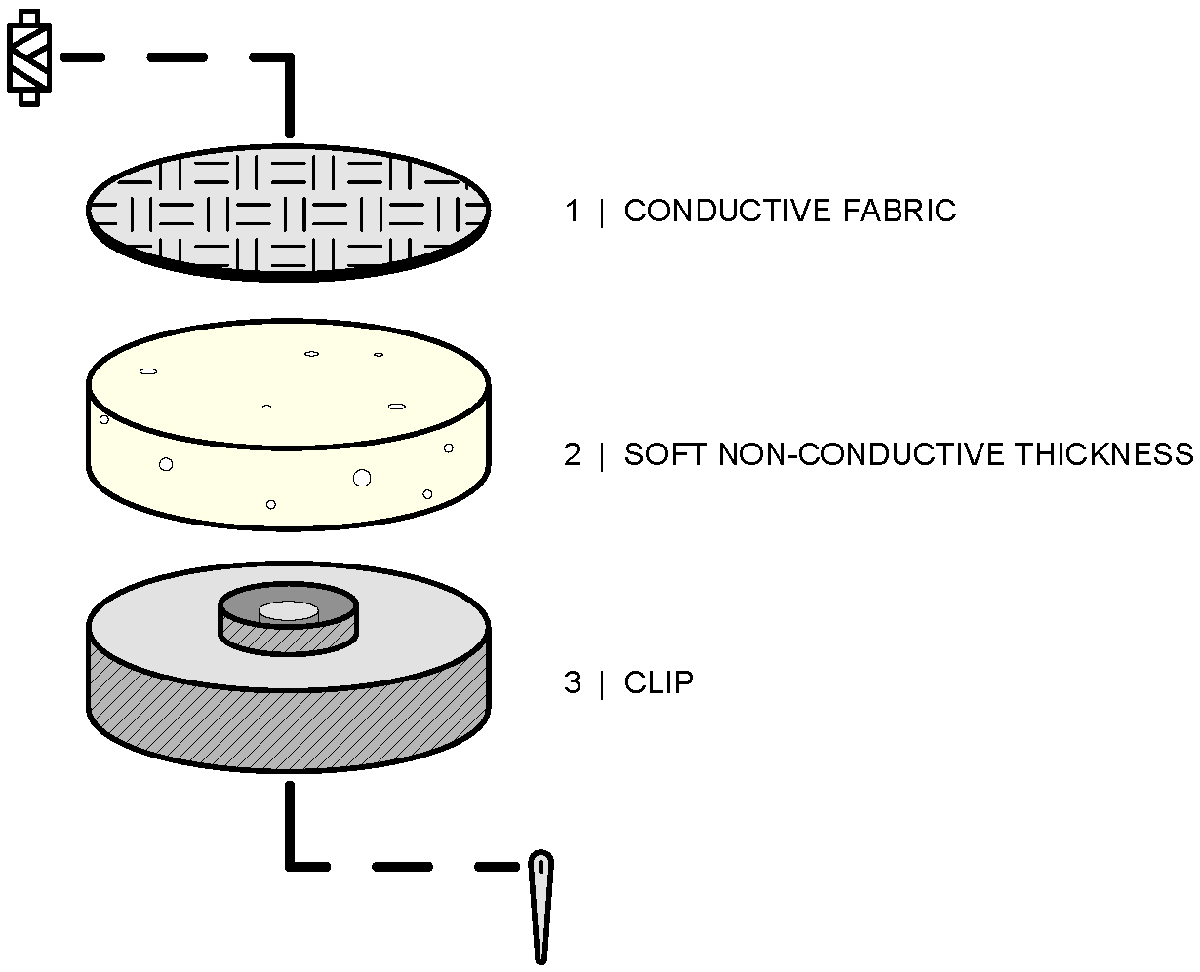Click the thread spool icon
tap(29, 58)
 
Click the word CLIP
tap(659, 682)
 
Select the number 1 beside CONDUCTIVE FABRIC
tap(572, 211)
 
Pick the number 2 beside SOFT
tap(572, 454)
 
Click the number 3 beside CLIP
tap(572, 682)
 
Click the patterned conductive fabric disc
tap(288, 207)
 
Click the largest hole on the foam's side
tap(362, 477)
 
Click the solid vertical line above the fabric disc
tap(289, 97)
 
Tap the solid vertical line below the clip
tap(289, 824)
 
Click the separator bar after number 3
tap(602, 682)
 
